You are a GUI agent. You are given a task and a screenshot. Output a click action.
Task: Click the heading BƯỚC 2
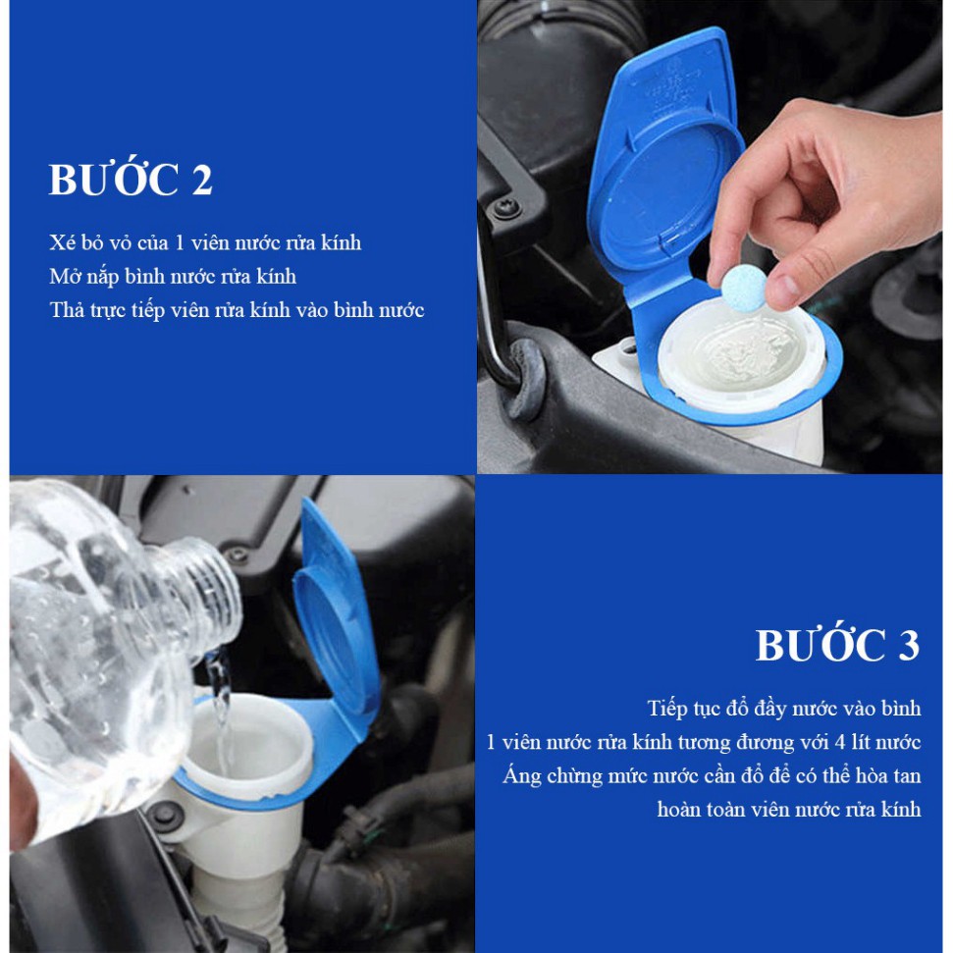coord(131,180)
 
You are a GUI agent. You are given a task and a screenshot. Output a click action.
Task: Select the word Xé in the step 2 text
coord(62,242)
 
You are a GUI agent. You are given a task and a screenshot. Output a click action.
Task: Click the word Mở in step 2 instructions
coord(65,277)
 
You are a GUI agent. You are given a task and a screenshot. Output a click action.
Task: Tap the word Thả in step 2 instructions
coord(67,310)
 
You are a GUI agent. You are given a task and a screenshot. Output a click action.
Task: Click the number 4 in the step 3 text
coord(840,742)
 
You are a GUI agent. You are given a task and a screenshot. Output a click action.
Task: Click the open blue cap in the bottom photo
coord(336,620)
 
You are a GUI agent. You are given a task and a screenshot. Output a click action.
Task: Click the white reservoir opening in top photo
coord(740,355)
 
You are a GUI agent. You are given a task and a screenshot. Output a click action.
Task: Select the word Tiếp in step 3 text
coord(667,709)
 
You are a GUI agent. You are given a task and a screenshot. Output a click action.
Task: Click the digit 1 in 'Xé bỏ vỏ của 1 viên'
coord(180,243)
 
